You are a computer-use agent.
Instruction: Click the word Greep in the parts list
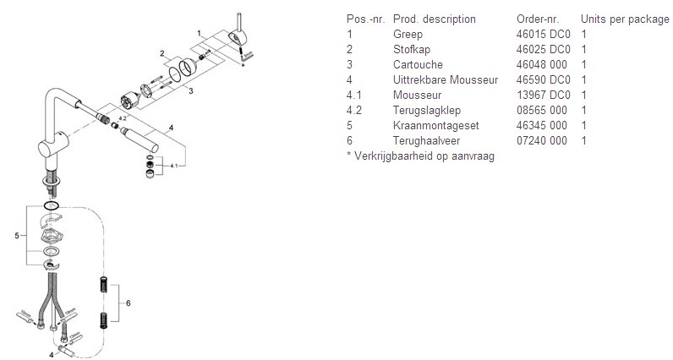tap(408, 35)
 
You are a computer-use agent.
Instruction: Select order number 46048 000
tap(542, 65)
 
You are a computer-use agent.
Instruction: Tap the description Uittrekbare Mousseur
tap(446, 79)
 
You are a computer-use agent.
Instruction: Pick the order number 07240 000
tap(542, 141)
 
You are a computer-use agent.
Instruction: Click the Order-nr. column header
tap(538, 19)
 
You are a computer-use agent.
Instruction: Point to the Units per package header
tap(625, 19)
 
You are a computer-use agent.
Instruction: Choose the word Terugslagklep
tap(427, 110)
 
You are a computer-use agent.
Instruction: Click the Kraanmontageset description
tap(435, 126)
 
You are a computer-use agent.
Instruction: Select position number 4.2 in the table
tap(354, 110)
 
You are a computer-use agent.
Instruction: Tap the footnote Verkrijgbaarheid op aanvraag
tap(424, 156)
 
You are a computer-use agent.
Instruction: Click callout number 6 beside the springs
tap(128, 303)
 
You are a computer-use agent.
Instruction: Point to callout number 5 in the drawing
tap(17, 236)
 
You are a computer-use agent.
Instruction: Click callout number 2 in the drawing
tap(161, 53)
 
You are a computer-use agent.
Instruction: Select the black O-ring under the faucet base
tap(51, 205)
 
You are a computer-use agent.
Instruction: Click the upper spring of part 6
tap(103, 285)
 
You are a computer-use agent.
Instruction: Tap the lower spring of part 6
tap(103, 320)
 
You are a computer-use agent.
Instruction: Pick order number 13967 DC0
tap(544, 95)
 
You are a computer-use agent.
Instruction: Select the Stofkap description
tap(412, 50)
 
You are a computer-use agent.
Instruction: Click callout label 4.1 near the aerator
tap(174, 166)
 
